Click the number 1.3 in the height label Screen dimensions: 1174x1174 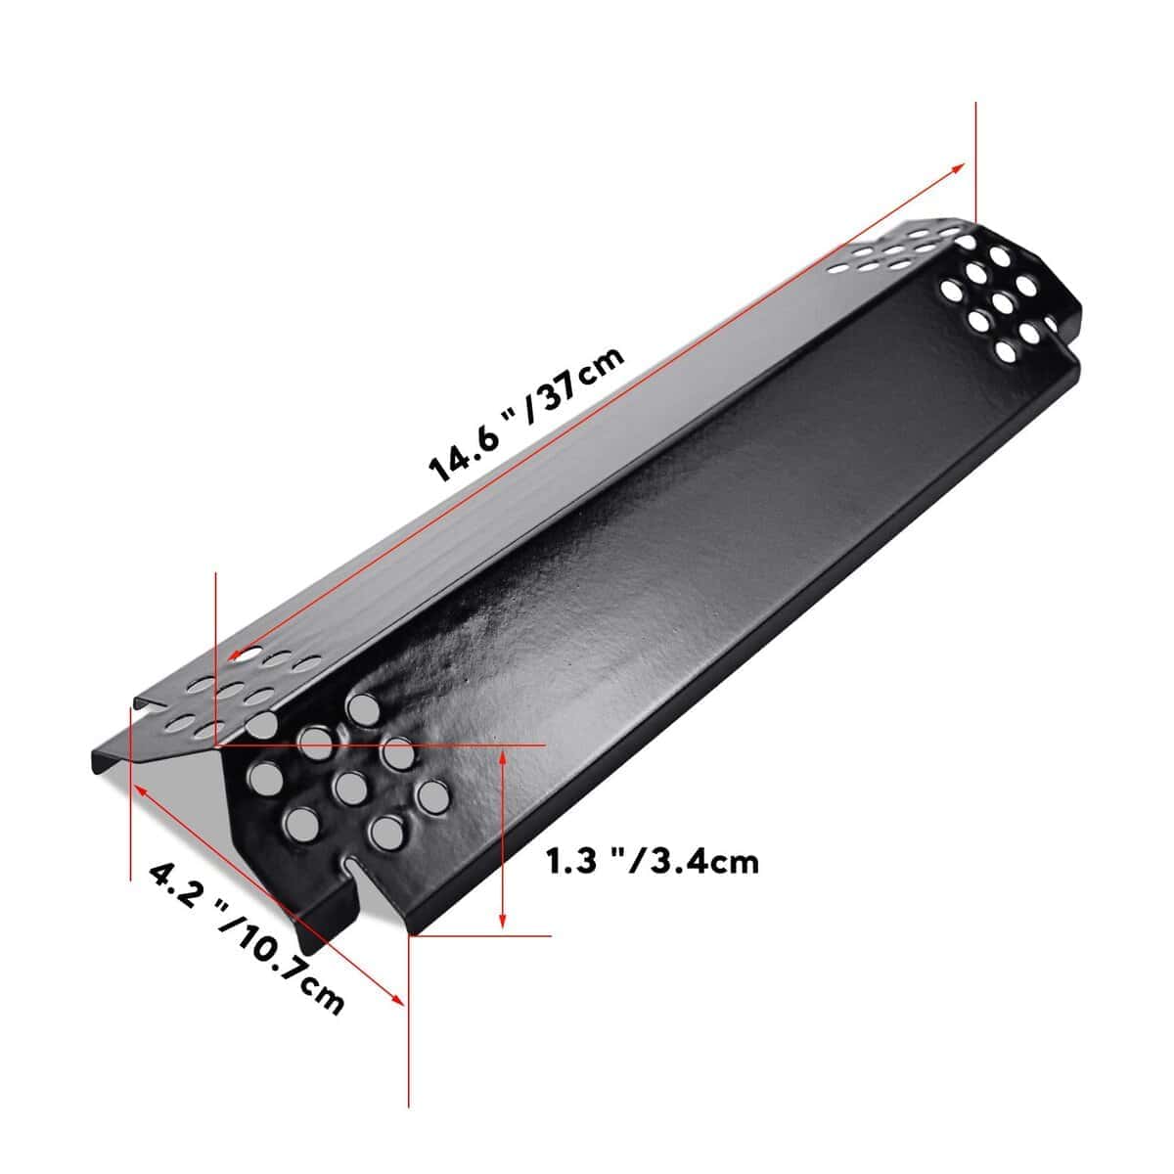(571, 862)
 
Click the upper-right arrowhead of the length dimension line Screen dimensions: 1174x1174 (959, 167)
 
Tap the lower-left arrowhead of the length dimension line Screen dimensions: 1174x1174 (235, 655)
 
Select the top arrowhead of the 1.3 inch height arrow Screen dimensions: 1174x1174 (502, 758)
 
